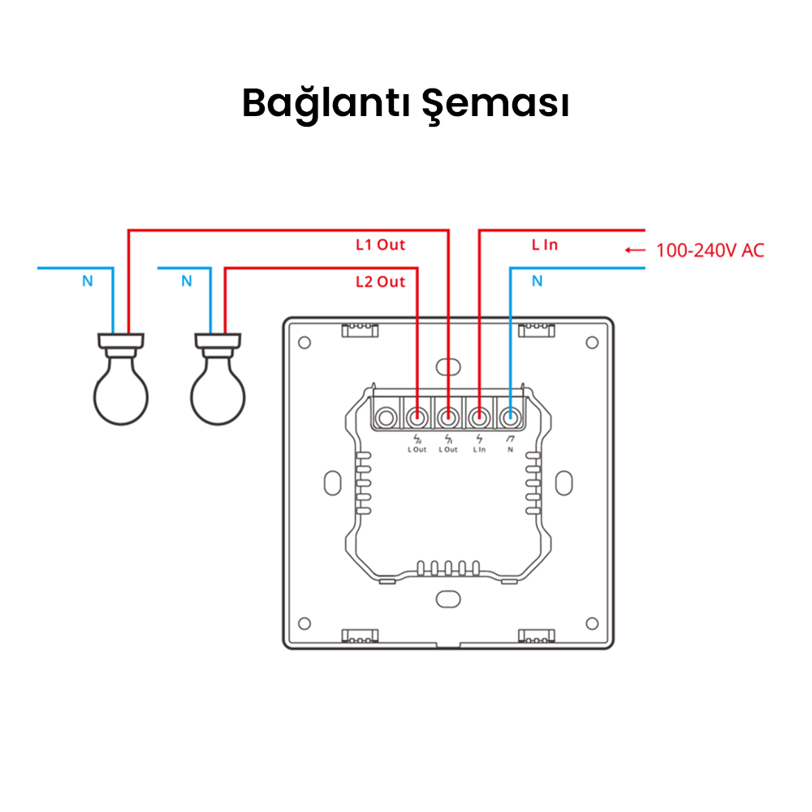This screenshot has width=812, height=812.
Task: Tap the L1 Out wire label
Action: click(x=380, y=244)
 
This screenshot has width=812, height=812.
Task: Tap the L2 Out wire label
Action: click(x=380, y=282)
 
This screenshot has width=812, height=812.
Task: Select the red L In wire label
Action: click(x=545, y=244)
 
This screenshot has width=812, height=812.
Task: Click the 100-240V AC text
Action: click(x=710, y=250)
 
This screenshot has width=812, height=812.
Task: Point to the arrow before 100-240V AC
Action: click(x=635, y=250)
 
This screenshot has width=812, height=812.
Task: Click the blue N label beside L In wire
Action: click(x=537, y=282)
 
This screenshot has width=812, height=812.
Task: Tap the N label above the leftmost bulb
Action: click(x=87, y=282)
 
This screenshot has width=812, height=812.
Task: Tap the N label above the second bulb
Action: click(x=186, y=282)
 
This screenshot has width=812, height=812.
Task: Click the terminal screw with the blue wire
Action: click(x=509, y=418)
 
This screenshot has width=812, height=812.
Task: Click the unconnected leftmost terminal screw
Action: click(x=387, y=418)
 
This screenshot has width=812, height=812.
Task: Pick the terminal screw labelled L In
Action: click(x=478, y=418)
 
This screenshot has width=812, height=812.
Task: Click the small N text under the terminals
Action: click(x=509, y=449)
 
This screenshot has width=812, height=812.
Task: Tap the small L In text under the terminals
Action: click(x=478, y=449)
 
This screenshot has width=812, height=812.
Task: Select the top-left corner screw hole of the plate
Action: click(x=304, y=342)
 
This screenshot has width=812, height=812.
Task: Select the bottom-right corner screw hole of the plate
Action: click(x=592, y=624)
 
